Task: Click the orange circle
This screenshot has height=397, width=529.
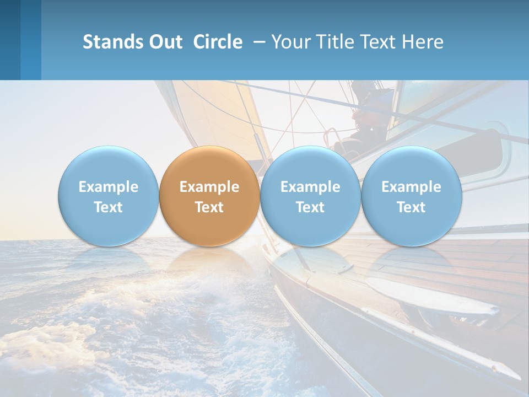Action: click(x=209, y=165)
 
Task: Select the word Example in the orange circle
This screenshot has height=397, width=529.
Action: click(x=209, y=187)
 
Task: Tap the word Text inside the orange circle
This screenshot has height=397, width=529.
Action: click(x=209, y=207)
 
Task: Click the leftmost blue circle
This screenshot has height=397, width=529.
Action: click(x=109, y=165)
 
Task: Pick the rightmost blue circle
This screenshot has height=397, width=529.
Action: click(x=412, y=165)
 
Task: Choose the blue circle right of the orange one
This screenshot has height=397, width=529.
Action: click(x=310, y=165)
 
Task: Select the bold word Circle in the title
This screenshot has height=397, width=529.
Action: click(x=218, y=42)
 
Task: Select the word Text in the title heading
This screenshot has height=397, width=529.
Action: click(x=380, y=42)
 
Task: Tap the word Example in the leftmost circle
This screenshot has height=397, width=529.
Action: click(x=109, y=187)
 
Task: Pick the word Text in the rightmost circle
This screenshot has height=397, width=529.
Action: click(x=412, y=207)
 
